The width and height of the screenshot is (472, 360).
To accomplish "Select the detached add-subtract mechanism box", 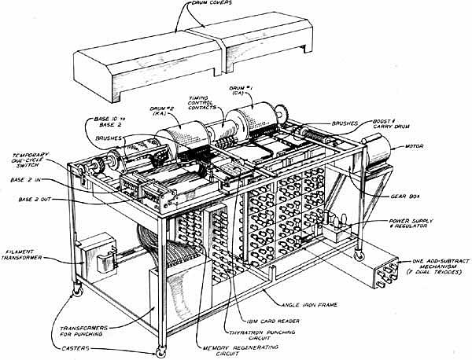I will click(x=385, y=275).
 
